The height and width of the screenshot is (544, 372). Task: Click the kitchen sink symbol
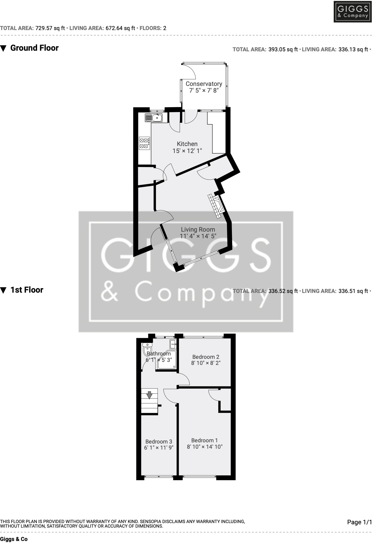pos(154,117)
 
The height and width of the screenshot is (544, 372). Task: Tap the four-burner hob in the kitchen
pos(144,143)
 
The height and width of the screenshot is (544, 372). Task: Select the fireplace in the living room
pos(217,206)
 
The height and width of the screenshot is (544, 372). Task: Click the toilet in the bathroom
pos(147,349)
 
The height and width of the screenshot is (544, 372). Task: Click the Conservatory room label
pos(204,84)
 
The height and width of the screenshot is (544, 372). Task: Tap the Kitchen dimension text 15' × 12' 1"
pos(187,151)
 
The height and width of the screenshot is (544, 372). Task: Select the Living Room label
pos(198,230)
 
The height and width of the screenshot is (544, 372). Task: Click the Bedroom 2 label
pos(206,357)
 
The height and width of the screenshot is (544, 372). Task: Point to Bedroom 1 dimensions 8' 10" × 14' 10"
pos(205,447)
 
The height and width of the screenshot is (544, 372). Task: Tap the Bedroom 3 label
pos(159,442)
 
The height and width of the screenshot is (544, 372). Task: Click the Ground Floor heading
pos(34,48)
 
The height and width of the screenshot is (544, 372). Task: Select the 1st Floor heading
pos(27,290)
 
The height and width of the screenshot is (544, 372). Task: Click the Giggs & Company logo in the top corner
pos(353,12)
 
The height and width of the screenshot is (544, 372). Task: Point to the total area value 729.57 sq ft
pos(50,28)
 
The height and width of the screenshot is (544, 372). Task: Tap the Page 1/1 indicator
pos(359,522)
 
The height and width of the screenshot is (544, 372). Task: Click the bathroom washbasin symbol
pos(173,344)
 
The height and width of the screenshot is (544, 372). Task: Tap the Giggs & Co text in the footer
pos(14,539)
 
